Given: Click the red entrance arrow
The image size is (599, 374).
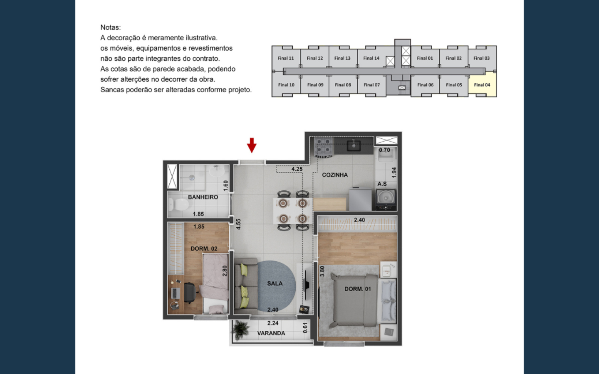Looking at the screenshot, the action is coord(252,145).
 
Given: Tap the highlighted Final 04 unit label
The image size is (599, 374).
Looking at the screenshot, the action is coord(482,85).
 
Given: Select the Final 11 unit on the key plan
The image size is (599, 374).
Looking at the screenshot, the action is coord(286,58).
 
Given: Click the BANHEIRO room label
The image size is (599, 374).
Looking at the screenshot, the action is coord(203,197).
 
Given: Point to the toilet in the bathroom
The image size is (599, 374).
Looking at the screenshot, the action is coord(178,205).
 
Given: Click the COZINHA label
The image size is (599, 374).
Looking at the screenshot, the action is coord(335,175).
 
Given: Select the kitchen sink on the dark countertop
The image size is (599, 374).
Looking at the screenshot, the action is coord(354,145).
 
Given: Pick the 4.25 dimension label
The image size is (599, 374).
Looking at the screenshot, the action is coord(297,169).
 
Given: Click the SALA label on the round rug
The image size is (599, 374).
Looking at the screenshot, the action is coord(275,283).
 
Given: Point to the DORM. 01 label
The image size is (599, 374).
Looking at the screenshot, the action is coord(358,289).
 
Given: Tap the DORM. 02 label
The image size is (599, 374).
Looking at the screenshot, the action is coord(204,249).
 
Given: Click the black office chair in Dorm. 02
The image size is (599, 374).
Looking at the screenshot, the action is coord(191,293).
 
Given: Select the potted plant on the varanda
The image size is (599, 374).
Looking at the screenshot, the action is coord(240,330).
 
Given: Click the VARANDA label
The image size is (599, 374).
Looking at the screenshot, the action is coord(271,333).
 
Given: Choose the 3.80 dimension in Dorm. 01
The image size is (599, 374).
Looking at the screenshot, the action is coord(322,271).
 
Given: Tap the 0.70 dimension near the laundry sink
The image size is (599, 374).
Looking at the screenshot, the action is coord(384,150).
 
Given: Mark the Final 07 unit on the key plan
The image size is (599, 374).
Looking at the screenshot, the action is coord(372,85).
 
